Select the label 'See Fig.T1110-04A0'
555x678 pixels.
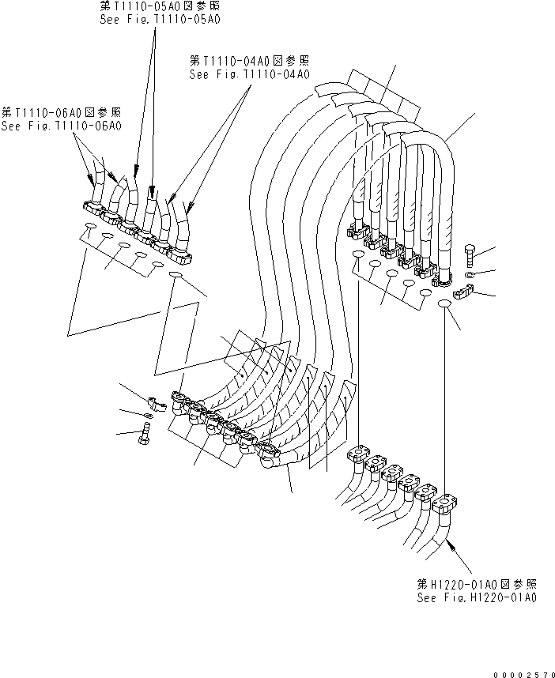coord(249,74)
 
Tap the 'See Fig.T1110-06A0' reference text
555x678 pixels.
coord(61,126)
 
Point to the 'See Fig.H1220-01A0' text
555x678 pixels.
coord(477,598)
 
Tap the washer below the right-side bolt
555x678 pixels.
coord(470,274)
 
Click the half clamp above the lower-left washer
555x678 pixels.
coord(157,404)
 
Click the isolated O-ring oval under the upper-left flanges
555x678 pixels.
coord(176,275)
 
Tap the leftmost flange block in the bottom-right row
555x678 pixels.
coord(358,458)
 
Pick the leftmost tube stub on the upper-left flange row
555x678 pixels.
coord(95,190)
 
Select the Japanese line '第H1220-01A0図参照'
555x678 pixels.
coord(477,584)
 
